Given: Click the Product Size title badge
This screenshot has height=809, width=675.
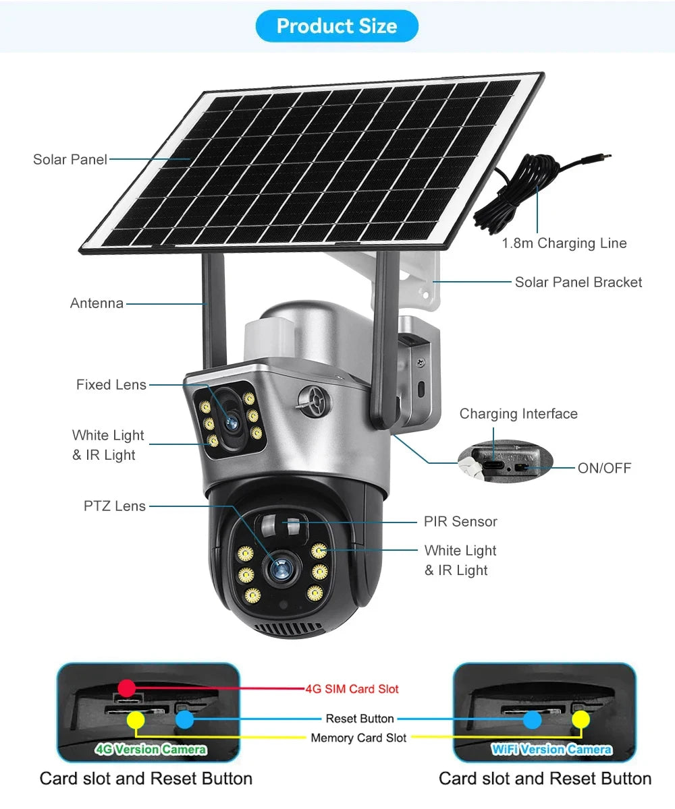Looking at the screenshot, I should pyautogui.click(x=337, y=26).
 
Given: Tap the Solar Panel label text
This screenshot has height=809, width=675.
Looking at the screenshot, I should pyautogui.click(x=70, y=160).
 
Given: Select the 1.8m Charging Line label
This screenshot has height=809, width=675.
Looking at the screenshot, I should pyautogui.click(x=564, y=243).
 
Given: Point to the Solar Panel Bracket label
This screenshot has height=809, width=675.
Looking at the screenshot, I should pyautogui.click(x=578, y=282).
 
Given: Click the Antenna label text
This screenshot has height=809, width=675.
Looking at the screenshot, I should pyautogui.click(x=97, y=303).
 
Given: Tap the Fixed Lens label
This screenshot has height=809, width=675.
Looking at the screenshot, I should pyautogui.click(x=111, y=385).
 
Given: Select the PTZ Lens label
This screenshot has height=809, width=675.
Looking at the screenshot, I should pyautogui.click(x=114, y=506).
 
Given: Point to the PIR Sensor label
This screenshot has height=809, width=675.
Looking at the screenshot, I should pyautogui.click(x=460, y=522).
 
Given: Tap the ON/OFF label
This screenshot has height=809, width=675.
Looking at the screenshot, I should pyautogui.click(x=604, y=468).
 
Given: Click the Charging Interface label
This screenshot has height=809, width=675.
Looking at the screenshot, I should pyautogui.click(x=518, y=414).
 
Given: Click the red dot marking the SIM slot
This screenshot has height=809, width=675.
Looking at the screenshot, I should pyautogui.click(x=126, y=688).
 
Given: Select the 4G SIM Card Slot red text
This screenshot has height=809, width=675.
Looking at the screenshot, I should pyautogui.click(x=352, y=689).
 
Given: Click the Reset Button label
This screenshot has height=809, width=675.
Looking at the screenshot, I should pyautogui.click(x=359, y=719).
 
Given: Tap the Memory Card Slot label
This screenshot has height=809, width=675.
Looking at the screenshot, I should pyautogui.click(x=358, y=738).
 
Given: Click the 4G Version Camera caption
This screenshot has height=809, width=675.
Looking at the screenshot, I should pyautogui.click(x=151, y=750).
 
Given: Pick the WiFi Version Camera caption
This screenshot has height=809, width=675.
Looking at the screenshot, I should pyautogui.click(x=551, y=750).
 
